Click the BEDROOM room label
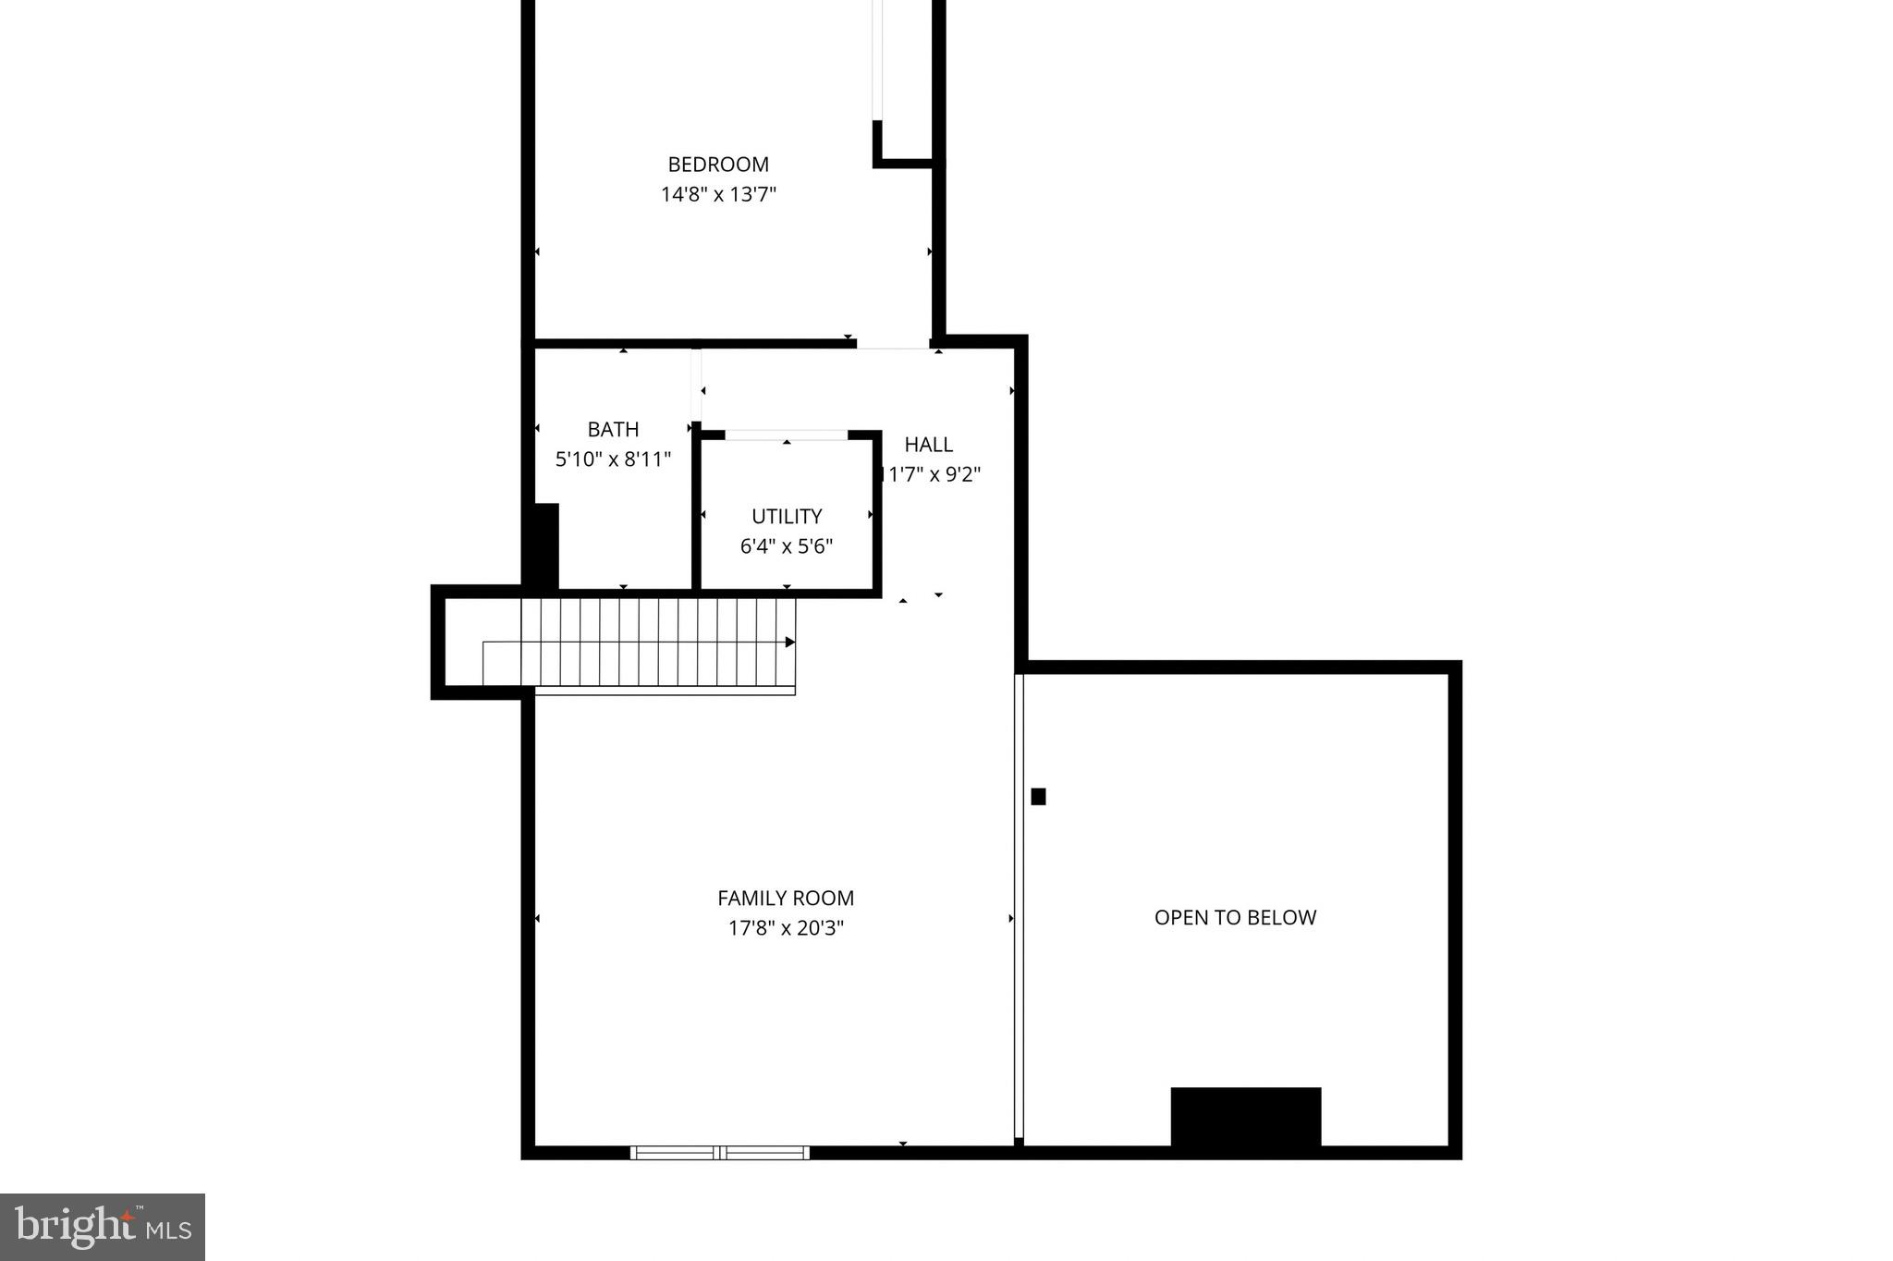718,165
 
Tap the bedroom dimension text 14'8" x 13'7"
718,195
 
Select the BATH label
613,430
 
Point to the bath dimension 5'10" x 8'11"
613,459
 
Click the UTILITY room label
787,517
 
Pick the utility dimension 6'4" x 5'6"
787,546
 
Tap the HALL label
928,445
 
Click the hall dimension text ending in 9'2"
930,475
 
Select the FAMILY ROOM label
786,899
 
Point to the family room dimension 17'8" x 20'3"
786,928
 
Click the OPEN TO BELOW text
1235,918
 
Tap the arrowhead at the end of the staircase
790,642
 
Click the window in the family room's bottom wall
720,1153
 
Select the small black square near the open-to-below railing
1038,796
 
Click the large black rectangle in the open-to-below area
1245,1118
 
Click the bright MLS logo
103,1227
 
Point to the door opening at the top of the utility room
786,435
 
